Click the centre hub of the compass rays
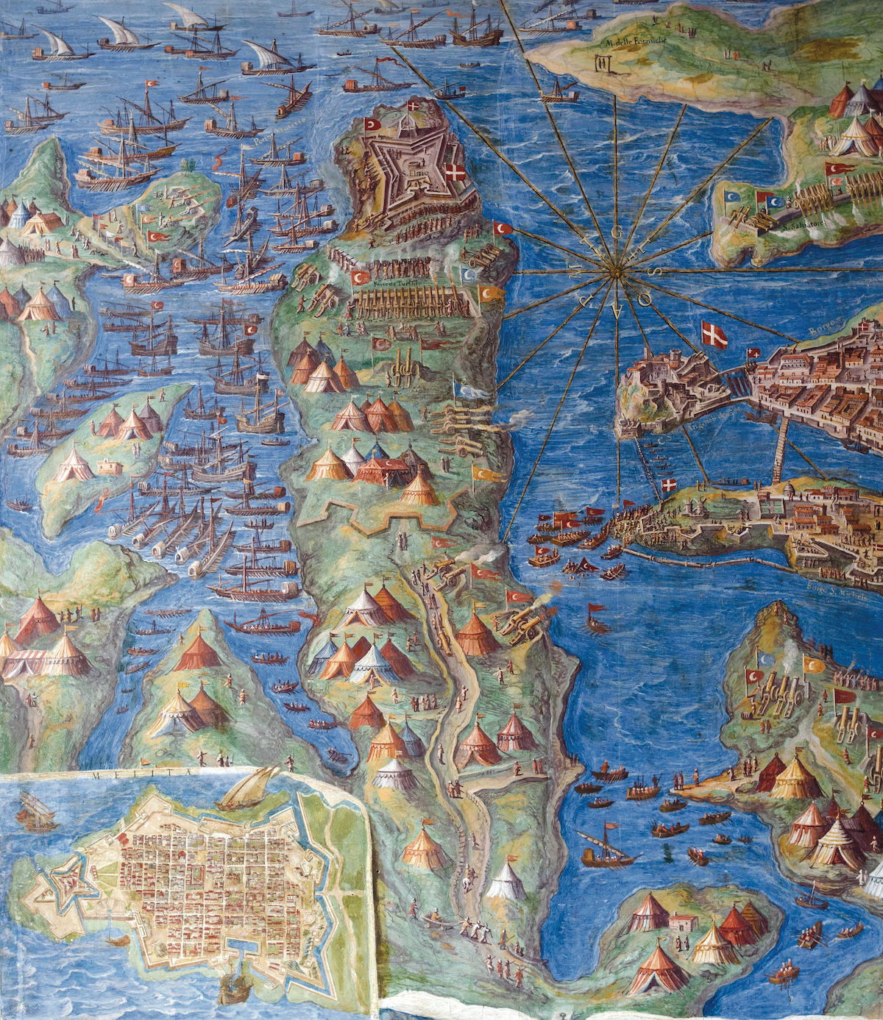(610, 275)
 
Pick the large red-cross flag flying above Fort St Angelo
(712, 335)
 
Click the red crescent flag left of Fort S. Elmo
(369, 124)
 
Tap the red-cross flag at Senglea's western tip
(669, 486)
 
